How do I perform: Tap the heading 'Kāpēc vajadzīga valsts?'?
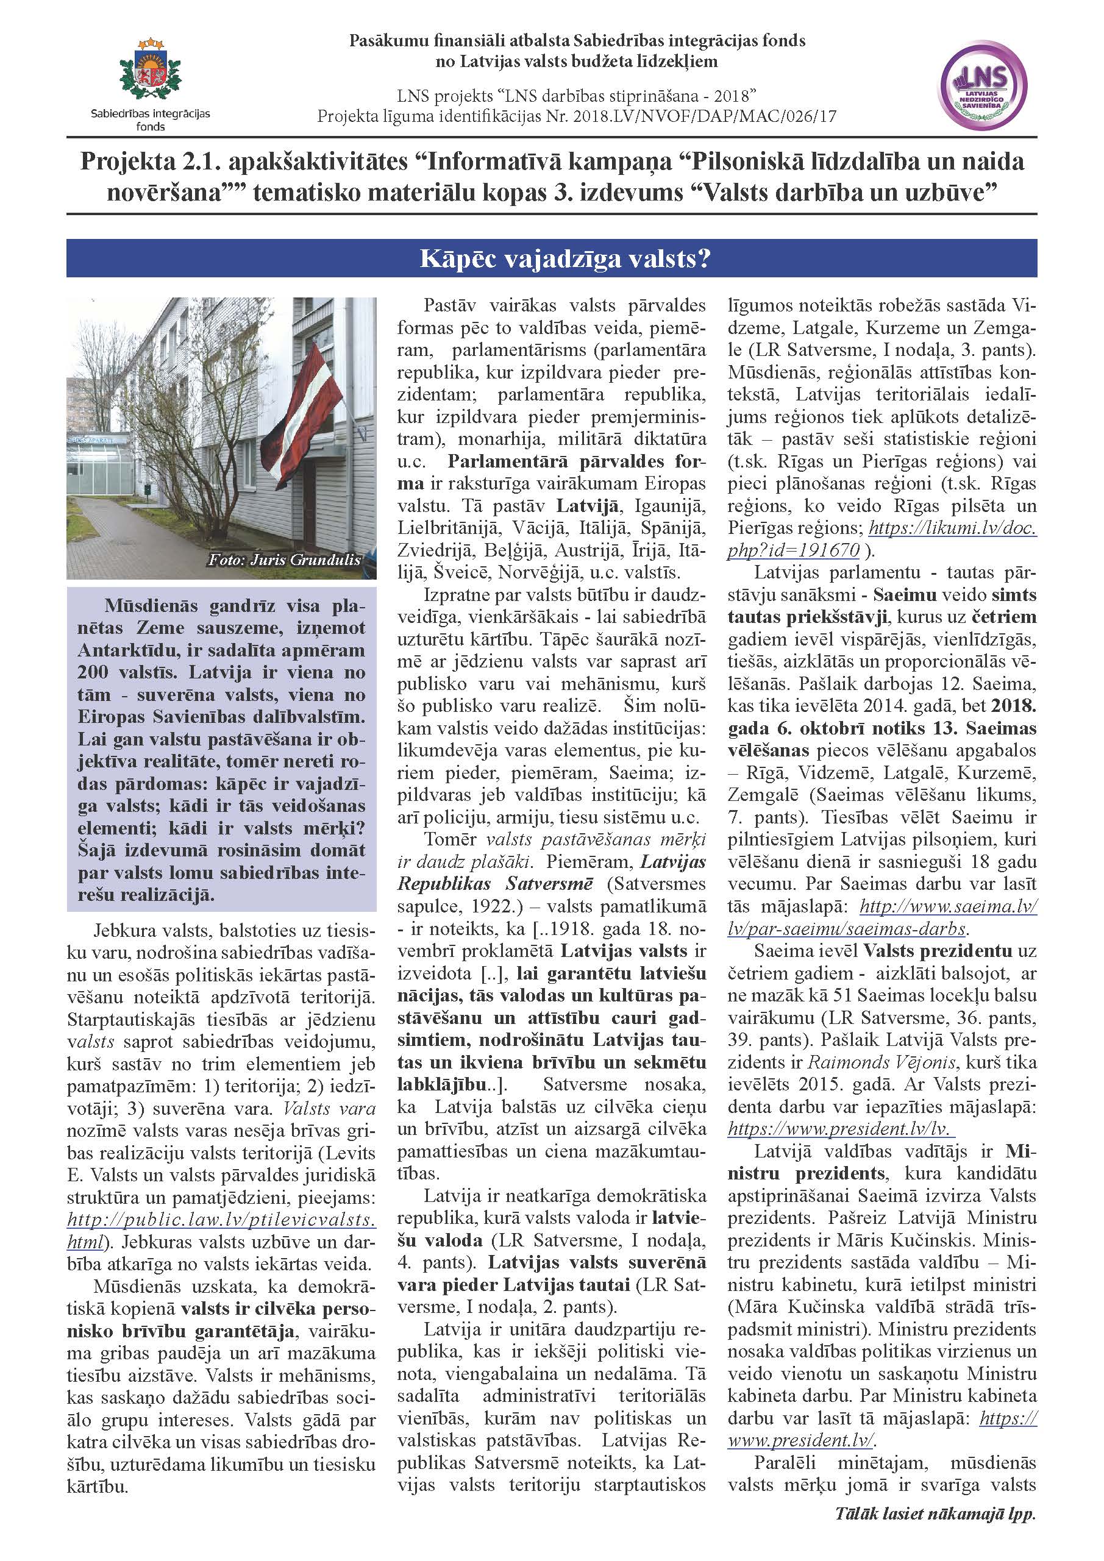pos(551,258)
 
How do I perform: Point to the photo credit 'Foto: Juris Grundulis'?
pos(284,560)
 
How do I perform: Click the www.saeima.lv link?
pos(949,906)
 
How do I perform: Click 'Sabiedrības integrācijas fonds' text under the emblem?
pos(150,119)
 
